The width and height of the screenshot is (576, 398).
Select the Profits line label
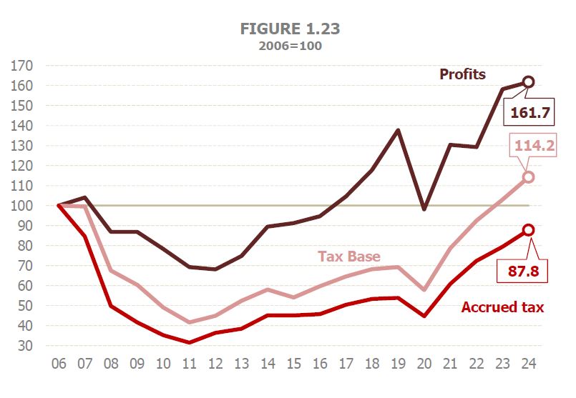(x=462, y=74)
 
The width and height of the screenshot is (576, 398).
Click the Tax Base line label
(x=349, y=257)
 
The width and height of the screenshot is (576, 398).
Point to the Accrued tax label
(x=502, y=307)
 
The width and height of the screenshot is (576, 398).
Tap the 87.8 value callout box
(x=529, y=272)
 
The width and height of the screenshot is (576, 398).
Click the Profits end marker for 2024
(x=529, y=82)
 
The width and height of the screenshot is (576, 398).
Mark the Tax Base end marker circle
(x=529, y=177)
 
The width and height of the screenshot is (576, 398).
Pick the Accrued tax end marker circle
(x=529, y=230)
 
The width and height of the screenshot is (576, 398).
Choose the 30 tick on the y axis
(x=26, y=346)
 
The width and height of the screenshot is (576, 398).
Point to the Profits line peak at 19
(x=398, y=130)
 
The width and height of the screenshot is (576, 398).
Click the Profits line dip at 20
(x=424, y=209)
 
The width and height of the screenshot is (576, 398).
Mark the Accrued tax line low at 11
(x=189, y=342)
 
